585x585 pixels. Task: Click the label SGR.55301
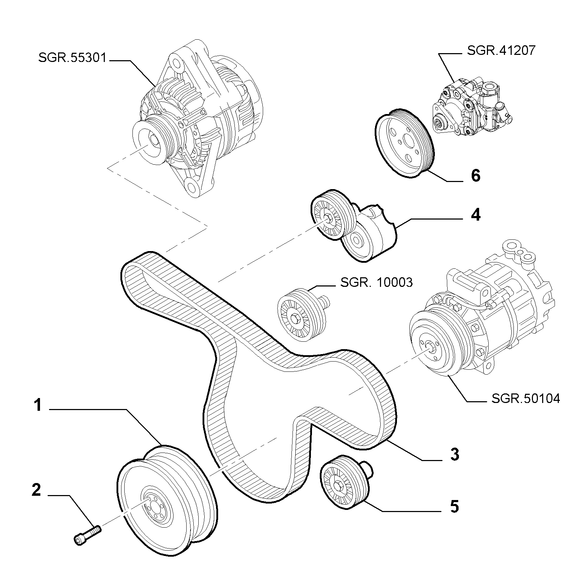point(72,58)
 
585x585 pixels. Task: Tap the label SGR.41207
point(501,51)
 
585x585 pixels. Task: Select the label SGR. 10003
point(376,282)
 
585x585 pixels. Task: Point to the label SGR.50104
point(526,399)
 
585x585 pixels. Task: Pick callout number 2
point(36,490)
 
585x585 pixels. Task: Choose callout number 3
point(455,454)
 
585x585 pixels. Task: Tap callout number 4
point(476,215)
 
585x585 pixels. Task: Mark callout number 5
point(454,507)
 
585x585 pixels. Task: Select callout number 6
point(476,175)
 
